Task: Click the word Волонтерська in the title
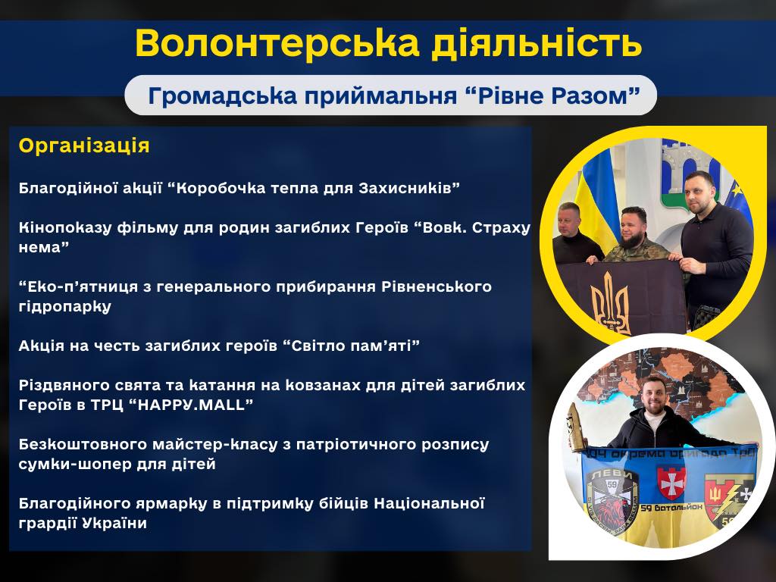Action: (x=277, y=43)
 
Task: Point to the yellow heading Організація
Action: (x=84, y=145)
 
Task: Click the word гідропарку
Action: (x=65, y=306)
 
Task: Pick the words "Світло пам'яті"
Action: (x=352, y=346)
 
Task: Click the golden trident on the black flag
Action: (x=611, y=302)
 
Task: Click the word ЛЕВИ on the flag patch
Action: (x=612, y=474)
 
